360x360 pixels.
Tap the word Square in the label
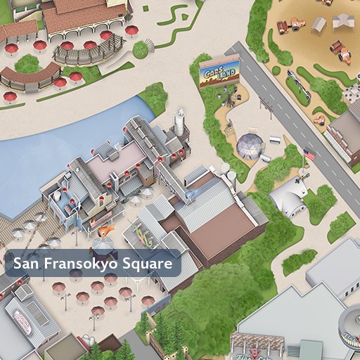(x=148, y=264)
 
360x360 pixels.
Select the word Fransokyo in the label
(x=79, y=264)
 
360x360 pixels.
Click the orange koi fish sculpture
(x=105, y=230)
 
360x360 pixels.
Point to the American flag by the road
(x=308, y=154)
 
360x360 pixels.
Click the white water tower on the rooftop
(x=180, y=122)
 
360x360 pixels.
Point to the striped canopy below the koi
(x=103, y=244)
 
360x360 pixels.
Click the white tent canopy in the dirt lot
(x=342, y=22)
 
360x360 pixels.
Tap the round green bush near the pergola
(x=141, y=49)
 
